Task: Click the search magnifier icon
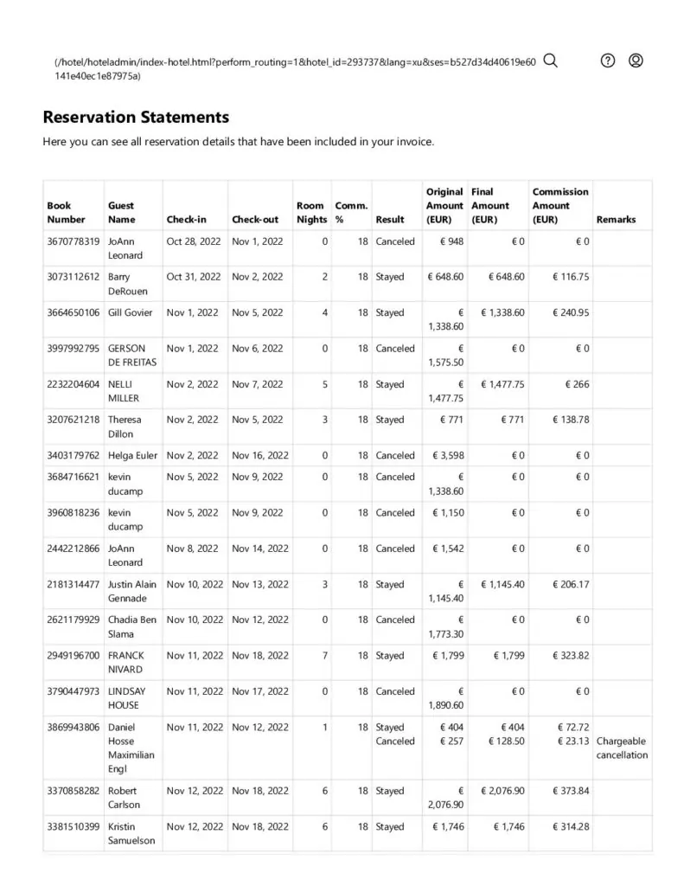click(x=550, y=61)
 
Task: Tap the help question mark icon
click(x=608, y=61)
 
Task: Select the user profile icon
click(x=636, y=61)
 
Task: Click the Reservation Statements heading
click(x=136, y=117)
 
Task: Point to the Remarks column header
click(x=616, y=220)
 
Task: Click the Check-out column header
click(x=255, y=220)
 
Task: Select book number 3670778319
click(x=74, y=241)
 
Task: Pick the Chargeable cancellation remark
click(x=622, y=748)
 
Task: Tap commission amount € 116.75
click(x=571, y=277)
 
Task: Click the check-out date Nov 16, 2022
click(x=260, y=455)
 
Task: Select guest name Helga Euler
click(x=132, y=455)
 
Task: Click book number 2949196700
click(x=74, y=655)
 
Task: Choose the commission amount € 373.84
click(x=571, y=791)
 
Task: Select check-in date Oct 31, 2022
click(x=193, y=277)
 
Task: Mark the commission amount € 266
click(x=577, y=384)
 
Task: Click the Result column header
click(x=390, y=220)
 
